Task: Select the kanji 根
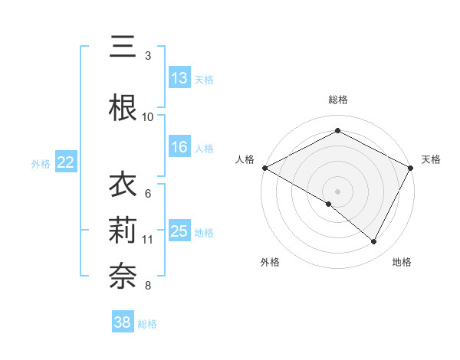[x=123, y=108]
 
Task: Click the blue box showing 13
[x=179, y=78]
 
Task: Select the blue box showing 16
[x=179, y=148]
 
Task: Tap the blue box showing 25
[x=179, y=231]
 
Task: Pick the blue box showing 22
[x=66, y=162]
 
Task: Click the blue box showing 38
[x=123, y=323]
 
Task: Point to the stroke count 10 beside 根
[x=148, y=116]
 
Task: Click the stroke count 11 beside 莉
[x=148, y=240]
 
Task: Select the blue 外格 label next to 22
[x=41, y=163]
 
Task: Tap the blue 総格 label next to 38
[x=147, y=324]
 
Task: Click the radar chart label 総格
[x=337, y=100]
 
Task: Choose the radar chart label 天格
[x=431, y=159]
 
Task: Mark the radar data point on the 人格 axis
[x=264, y=167]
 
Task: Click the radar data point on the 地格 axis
[x=374, y=242]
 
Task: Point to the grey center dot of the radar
[x=337, y=191]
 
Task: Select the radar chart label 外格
[x=269, y=262]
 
